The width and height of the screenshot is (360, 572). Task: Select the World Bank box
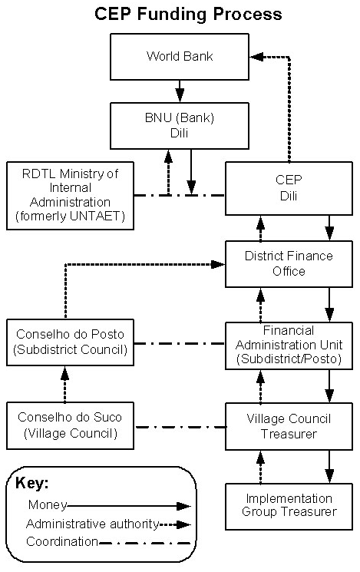(180, 57)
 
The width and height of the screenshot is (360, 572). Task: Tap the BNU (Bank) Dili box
(180, 125)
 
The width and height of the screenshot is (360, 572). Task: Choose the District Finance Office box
(289, 263)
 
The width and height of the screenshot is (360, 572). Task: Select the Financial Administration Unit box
(289, 343)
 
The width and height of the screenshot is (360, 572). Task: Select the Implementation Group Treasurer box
(289, 505)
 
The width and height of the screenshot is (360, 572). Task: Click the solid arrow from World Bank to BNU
(180, 91)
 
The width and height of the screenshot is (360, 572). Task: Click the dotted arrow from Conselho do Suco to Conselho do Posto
(64, 384)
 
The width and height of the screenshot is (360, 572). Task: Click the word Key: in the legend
(32, 484)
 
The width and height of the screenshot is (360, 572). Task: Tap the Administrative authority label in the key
(91, 524)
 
